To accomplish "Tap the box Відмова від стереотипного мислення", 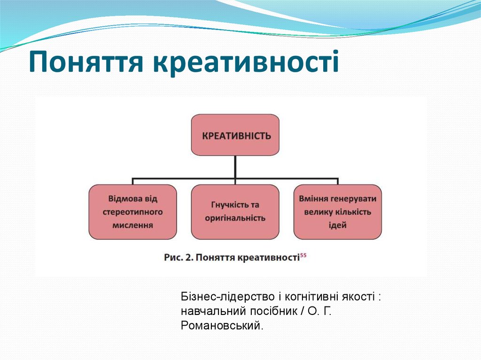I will point(133,212).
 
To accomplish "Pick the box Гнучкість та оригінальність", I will point(235,212).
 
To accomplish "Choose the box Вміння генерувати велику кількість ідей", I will point(337,212).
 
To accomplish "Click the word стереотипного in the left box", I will point(133,212).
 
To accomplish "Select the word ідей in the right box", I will point(337,225).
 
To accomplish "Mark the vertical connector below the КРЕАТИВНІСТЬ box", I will point(235,167).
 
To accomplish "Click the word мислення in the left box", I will point(133,225).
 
